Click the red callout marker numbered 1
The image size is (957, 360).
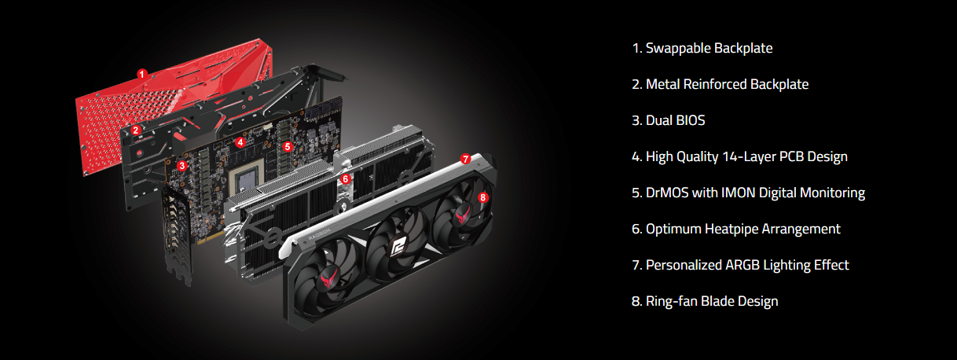coord(142,74)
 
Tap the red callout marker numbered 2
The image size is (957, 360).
coord(136,130)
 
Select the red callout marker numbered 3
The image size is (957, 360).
coord(182,166)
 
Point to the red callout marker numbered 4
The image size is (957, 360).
coord(240,142)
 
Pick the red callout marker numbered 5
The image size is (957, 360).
coord(288,147)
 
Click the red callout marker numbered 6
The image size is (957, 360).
coord(346,178)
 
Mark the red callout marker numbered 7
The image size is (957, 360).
coord(466,159)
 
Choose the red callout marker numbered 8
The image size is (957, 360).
coord(482,197)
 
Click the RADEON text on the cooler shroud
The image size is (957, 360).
coord(319,234)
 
